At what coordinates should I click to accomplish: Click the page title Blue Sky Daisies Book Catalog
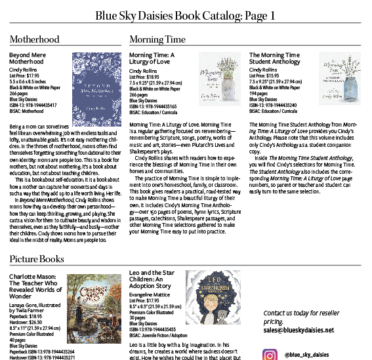point(186,14)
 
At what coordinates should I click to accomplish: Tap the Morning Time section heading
point(157,40)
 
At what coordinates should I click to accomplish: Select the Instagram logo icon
point(270,354)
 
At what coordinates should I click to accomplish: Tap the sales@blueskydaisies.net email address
point(299,330)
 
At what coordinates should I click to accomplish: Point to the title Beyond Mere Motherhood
point(28,59)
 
